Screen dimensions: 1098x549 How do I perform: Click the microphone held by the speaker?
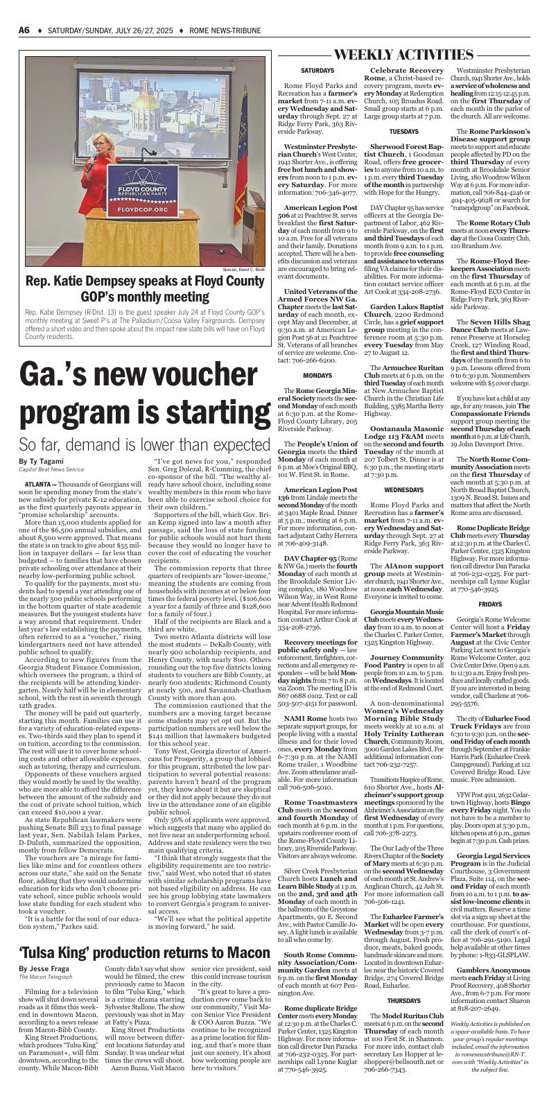point(91,166)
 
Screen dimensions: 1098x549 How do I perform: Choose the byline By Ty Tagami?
point(41,462)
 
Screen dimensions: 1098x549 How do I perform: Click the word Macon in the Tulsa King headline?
point(245,972)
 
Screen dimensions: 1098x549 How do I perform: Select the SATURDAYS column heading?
point(317,71)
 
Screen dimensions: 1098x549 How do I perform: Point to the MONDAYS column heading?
point(317,394)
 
